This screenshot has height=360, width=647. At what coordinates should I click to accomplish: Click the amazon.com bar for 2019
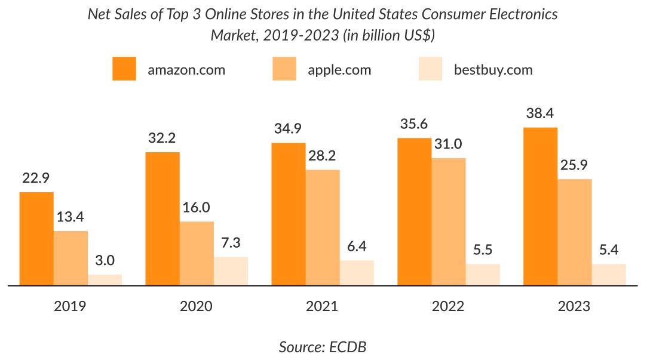pos(36,239)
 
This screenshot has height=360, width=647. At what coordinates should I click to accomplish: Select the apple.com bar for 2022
pos(449,221)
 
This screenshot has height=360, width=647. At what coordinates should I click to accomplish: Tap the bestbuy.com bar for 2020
pos(231,271)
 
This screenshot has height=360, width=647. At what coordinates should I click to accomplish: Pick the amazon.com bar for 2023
pos(540,207)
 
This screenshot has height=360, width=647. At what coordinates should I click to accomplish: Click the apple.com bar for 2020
pos(197,254)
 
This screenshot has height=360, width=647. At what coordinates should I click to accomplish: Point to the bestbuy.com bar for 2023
pos(609,275)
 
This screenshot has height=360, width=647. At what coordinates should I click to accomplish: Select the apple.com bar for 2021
pos(323,227)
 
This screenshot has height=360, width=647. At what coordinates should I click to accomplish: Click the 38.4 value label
pos(540,113)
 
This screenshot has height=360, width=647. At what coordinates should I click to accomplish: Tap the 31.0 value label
pos(449,144)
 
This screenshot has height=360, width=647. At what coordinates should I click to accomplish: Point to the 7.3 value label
pos(231,243)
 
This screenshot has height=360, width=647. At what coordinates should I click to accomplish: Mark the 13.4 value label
pos(70,217)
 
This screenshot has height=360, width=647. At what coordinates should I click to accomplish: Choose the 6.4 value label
pos(357,247)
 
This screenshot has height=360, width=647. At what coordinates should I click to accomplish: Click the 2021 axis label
pos(322,306)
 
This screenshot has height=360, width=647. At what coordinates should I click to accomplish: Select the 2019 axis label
pos(70,306)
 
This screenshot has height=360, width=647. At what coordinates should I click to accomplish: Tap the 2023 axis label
pos(574,306)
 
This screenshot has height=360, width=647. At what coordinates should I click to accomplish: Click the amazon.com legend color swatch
pos(124,69)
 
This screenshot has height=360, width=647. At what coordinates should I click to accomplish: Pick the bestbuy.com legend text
pos(493,70)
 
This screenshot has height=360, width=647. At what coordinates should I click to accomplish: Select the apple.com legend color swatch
pos(284,69)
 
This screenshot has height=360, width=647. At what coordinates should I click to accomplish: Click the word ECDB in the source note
pos(348,347)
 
